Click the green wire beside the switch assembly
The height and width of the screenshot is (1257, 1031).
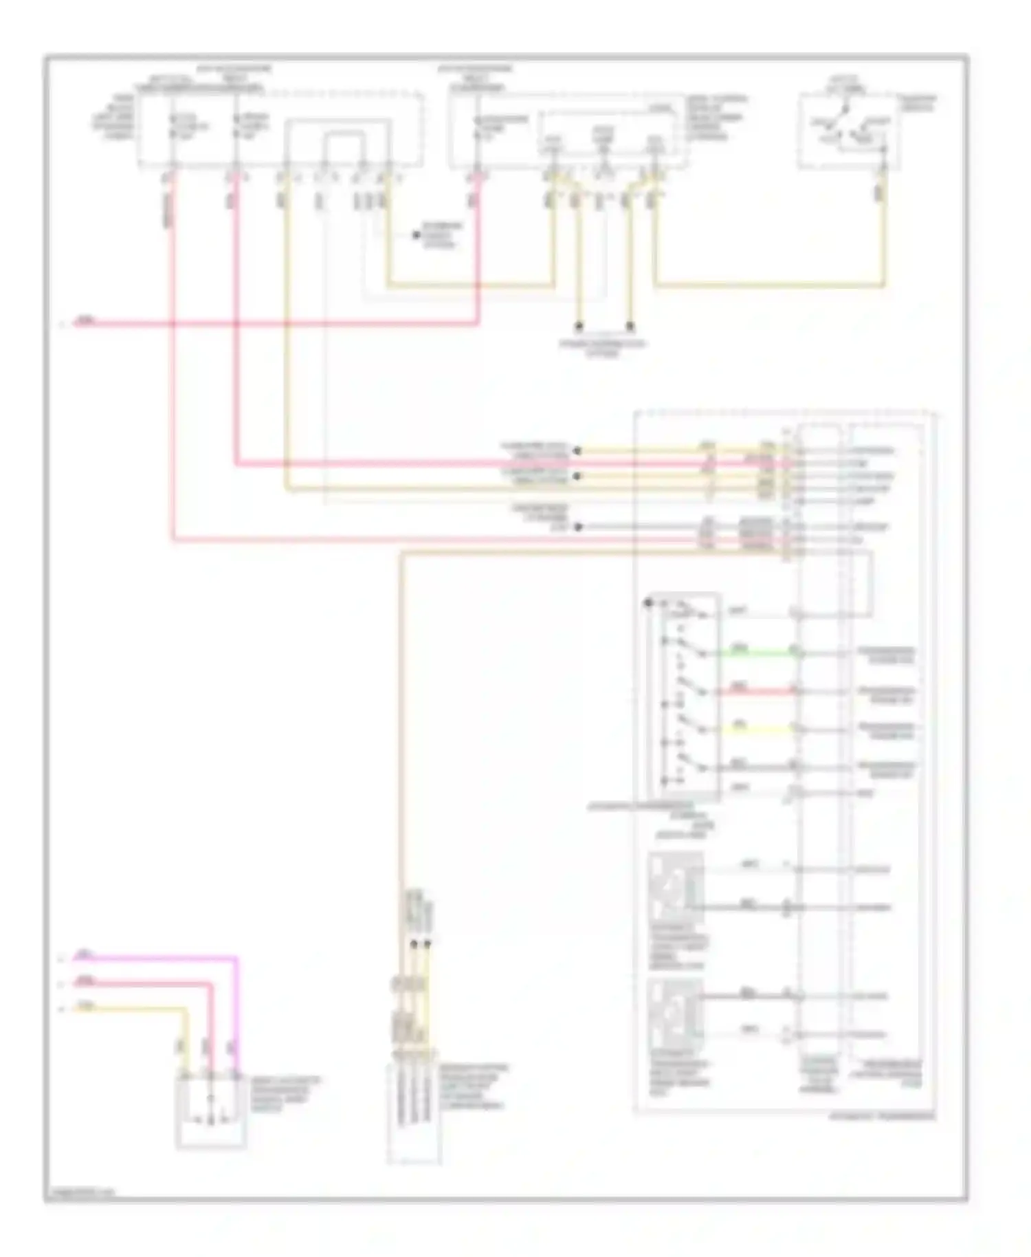[x=756, y=653]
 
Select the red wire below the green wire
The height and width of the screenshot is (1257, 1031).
[x=756, y=692]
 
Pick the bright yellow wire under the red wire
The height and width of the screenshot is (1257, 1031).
[x=756, y=730]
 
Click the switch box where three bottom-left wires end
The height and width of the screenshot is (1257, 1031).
[x=210, y=1111]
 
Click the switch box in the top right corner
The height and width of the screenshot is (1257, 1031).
[x=848, y=131]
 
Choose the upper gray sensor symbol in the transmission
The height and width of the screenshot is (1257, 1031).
[x=676, y=887]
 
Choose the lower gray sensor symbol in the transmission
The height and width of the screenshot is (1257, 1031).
[x=676, y=1014]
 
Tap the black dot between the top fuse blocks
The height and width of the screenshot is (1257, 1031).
[x=416, y=235]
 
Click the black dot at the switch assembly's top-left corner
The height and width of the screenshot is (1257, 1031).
[x=648, y=603]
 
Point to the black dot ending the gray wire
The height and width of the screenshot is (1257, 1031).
[x=578, y=527]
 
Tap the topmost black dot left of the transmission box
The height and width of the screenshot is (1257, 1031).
[x=577, y=451]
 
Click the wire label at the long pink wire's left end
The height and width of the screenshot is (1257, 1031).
[x=84, y=320]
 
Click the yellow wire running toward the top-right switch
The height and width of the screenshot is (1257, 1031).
[x=770, y=285]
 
